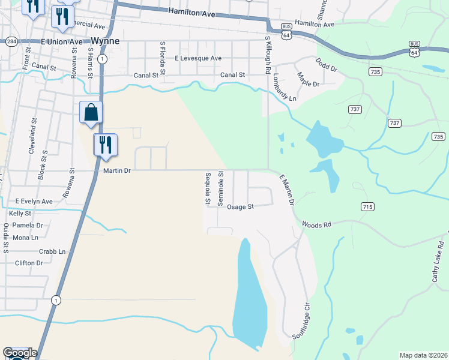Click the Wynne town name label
click(106, 41)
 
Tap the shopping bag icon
click(91, 113)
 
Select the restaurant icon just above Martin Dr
click(105, 145)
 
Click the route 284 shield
click(11, 41)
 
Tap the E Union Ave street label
click(62, 42)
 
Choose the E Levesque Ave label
click(198, 58)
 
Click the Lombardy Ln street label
click(285, 88)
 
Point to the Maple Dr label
click(308, 79)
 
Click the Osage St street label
click(241, 206)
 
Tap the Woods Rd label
click(317, 224)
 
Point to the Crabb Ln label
click(52, 251)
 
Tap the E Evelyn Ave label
click(34, 202)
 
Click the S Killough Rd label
click(268, 55)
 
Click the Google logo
click(19, 353)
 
